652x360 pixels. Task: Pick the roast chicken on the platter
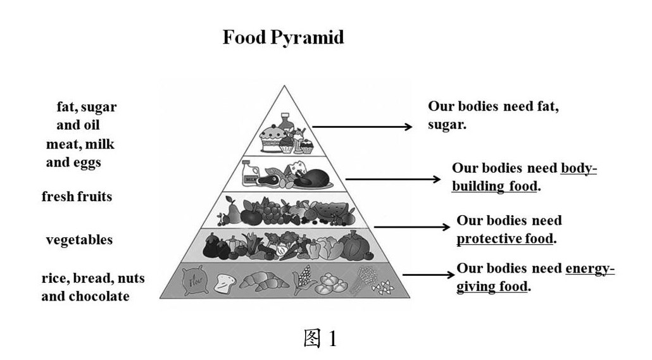(311, 177)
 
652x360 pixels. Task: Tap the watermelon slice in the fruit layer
(333, 210)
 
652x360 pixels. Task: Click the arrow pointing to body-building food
(392, 179)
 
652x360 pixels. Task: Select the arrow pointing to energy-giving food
(428, 275)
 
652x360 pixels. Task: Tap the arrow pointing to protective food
(410, 226)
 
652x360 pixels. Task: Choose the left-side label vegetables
(79, 240)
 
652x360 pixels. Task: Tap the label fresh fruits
(77, 197)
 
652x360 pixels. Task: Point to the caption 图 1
(320, 339)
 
